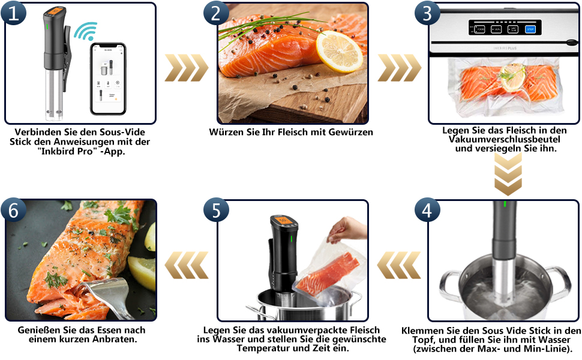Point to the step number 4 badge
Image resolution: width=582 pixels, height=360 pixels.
tap(427, 211)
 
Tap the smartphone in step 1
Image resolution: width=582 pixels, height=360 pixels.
tap(108, 78)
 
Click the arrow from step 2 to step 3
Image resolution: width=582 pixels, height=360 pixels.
tap(397, 68)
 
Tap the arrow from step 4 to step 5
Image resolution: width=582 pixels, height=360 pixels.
tap(397, 262)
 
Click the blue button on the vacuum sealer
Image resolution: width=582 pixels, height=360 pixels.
tap(529, 28)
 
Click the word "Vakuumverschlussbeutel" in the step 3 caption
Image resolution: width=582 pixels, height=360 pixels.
tap(503, 139)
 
